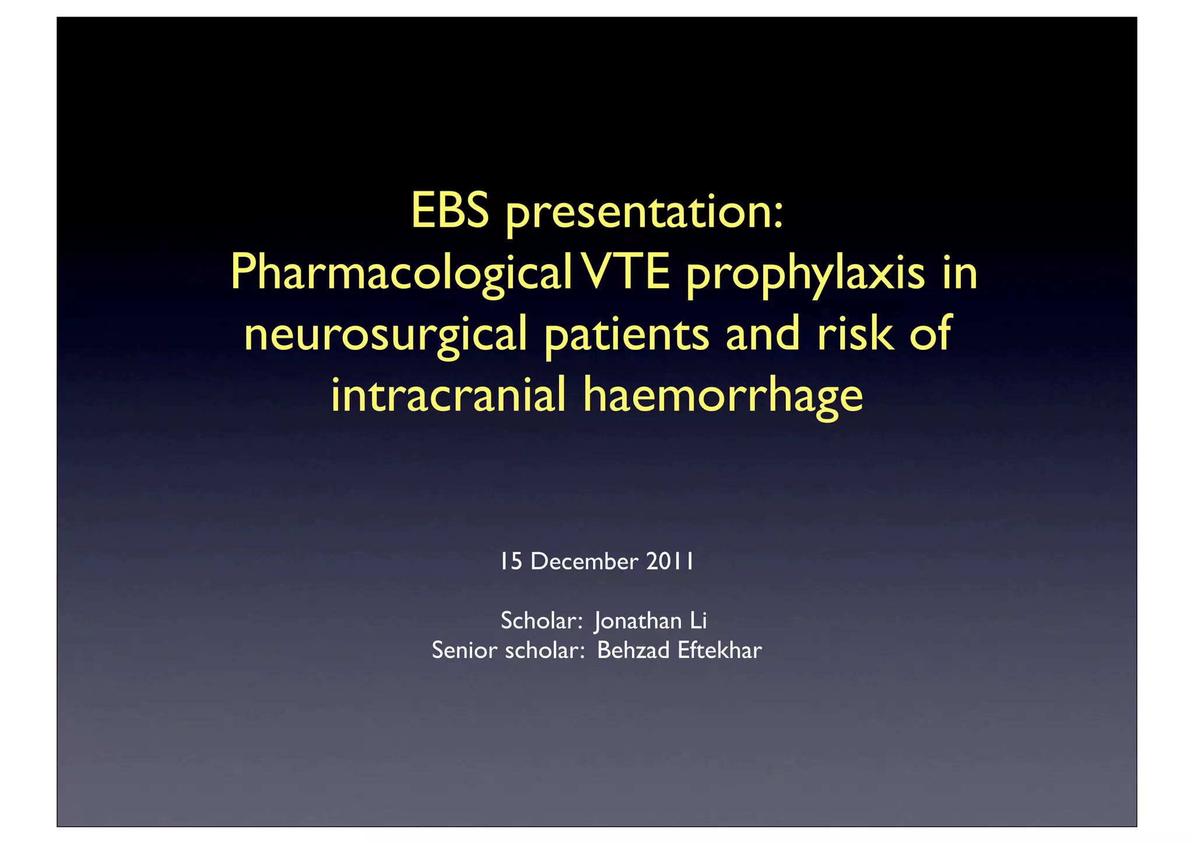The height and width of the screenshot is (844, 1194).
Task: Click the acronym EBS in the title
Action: tap(449, 211)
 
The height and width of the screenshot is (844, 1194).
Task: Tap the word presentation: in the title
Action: tap(644, 215)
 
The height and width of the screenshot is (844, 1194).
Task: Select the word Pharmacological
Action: tap(401, 274)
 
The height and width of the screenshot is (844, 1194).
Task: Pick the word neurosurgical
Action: tap(385, 336)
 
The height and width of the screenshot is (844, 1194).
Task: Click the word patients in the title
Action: tap(626, 336)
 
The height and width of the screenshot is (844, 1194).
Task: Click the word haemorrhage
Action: tap(723, 397)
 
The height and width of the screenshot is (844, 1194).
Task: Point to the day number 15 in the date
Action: tap(511, 561)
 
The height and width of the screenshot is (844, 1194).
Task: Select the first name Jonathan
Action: tap(638, 621)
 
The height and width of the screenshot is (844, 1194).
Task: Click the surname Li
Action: tap(698, 620)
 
